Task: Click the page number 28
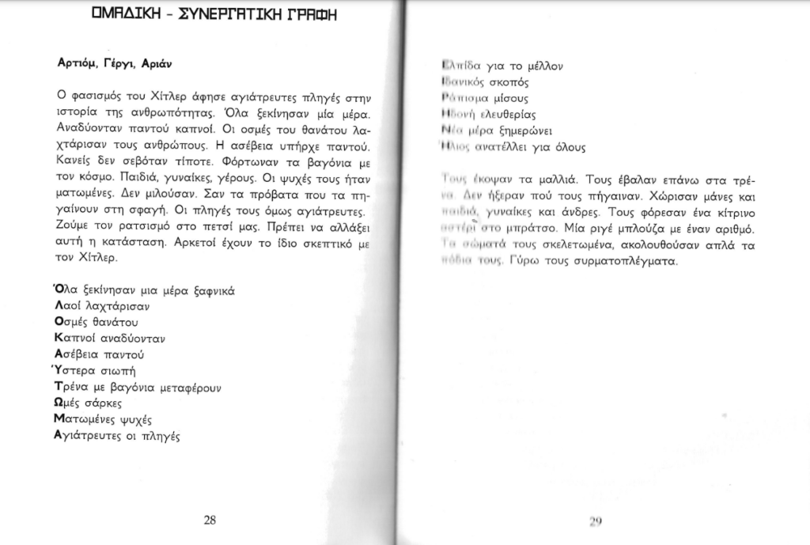(x=210, y=520)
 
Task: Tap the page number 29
(x=596, y=520)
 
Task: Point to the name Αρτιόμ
(x=77, y=62)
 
